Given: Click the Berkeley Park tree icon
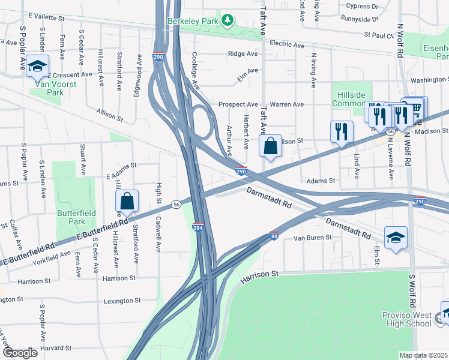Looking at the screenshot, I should [x=228, y=21].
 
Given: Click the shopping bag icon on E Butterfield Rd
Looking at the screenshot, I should [x=127, y=201].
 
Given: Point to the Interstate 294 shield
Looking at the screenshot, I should [x=197, y=228].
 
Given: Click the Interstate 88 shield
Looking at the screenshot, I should [x=274, y=236].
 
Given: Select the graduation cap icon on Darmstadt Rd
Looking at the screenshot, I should [x=396, y=238].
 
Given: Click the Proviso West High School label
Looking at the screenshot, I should [x=407, y=319].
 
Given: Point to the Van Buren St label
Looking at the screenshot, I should [x=312, y=238].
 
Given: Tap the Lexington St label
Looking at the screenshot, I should [x=122, y=301].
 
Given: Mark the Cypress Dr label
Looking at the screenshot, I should [x=363, y=7].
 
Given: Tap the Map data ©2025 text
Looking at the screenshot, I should [x=424, y=355].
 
